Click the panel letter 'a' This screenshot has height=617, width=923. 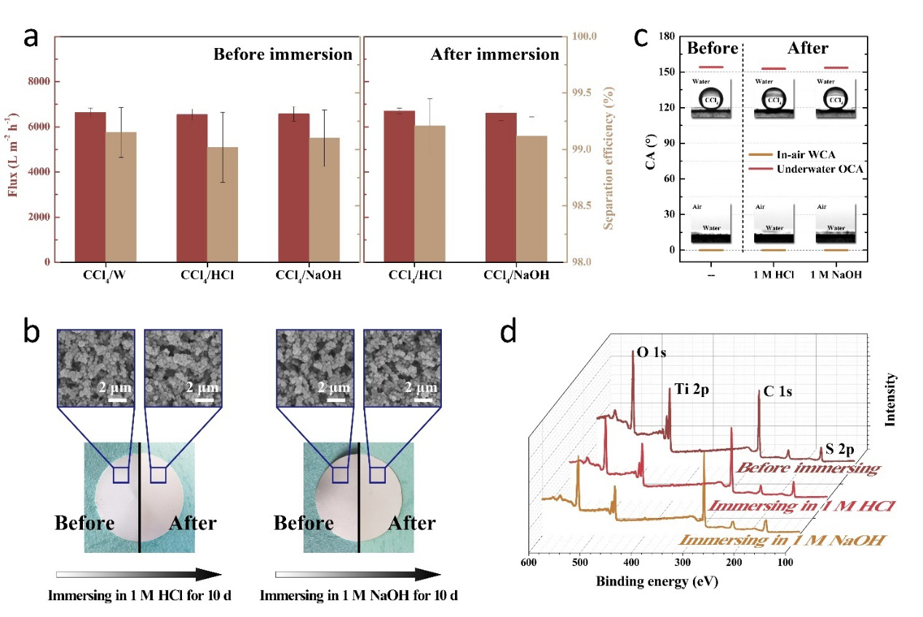click(x=31, y=36)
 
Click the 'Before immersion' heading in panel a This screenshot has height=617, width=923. click(x=282, y=55)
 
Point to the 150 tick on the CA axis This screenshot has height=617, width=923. click(x=668, y=72)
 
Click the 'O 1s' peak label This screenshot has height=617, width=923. click(x=651, y=353)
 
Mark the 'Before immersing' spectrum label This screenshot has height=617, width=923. click(x=808, y=468)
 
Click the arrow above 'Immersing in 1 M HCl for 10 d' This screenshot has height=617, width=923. click(x=139, y=574)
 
